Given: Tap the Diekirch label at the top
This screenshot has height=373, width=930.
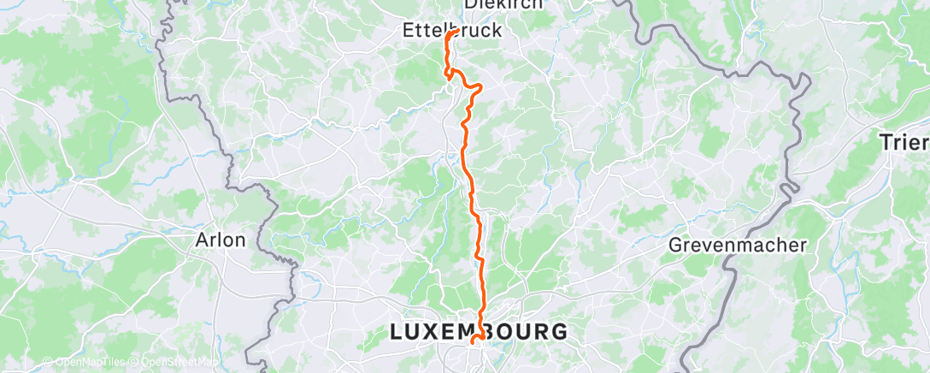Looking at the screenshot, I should click(503, 4).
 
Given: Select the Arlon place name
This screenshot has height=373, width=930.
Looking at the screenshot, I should click(221, 240).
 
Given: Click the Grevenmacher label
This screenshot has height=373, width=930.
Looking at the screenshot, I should click(737, 246).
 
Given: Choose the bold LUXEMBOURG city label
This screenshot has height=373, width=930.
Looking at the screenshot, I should click(478, 331).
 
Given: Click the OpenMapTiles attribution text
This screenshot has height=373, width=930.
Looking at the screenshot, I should click(88, 361).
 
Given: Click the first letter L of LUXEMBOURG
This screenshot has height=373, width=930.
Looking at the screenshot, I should click(396, 331).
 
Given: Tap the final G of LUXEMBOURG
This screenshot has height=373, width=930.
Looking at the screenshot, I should click(559, 331).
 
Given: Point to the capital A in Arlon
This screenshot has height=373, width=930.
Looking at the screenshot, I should click(203, 240).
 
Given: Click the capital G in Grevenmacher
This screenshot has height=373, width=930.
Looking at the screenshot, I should click(674, 246).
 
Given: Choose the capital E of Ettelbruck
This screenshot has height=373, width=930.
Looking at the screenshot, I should click(409, 31).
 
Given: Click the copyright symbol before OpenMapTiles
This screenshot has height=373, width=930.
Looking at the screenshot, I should click(48, 361).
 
